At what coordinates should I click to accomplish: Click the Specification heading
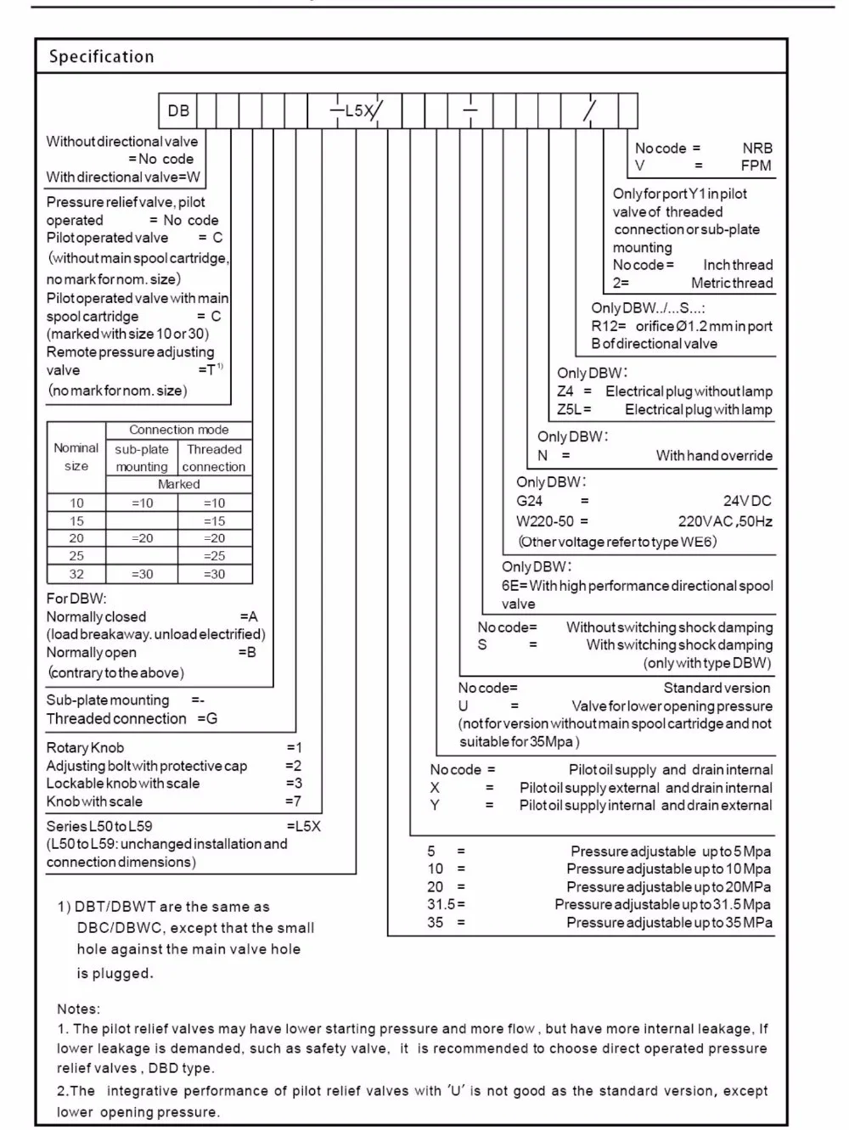(101, 57)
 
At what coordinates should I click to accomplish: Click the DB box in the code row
(178, 111)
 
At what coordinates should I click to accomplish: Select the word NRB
(756, 148)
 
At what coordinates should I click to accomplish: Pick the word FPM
(756, 166)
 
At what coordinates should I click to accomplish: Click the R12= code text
(609, 326)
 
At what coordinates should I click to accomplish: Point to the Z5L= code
(574, 409)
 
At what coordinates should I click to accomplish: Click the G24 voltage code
(529, 501)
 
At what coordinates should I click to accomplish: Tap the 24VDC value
(747, 501)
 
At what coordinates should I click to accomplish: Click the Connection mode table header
(179, 430)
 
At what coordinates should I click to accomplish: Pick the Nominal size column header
(76, 457)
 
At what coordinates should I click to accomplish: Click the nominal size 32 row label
(76, 574)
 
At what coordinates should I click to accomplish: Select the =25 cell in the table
(215, 556)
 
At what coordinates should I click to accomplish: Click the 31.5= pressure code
(446, 905)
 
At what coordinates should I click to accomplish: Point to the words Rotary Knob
(85, 748)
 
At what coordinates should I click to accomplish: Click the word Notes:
(78, 1009)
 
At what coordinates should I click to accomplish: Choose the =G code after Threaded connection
(207, 718)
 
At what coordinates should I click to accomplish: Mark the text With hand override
(714, 456)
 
